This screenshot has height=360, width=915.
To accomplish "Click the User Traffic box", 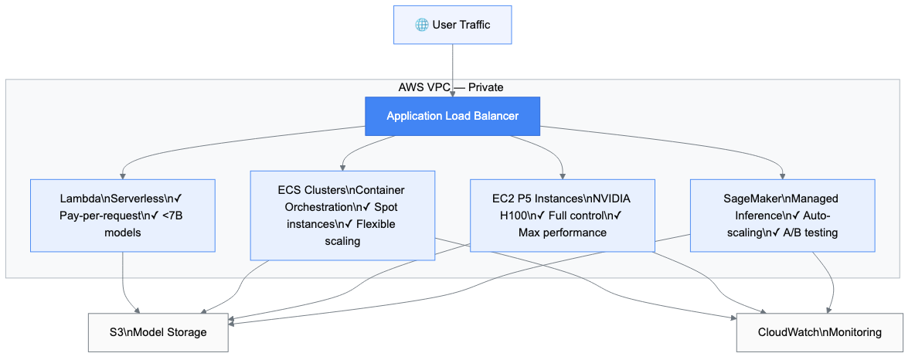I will (x=452, y=25).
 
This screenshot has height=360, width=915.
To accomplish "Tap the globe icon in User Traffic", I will (x=421, y=25).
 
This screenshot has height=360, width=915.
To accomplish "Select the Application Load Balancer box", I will (x=452, y=116).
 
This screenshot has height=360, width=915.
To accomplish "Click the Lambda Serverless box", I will (x=122, y=215).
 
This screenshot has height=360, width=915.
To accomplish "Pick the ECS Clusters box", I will (x=342, y=215).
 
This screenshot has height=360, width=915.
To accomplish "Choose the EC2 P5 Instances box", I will (x=563, y=215).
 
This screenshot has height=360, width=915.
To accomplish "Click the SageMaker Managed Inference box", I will (x=782, y=215).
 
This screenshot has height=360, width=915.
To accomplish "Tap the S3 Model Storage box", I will (x=158, y=332).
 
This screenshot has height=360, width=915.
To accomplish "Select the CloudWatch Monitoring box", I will (x=819, y=332).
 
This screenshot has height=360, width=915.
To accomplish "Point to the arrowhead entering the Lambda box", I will (x=122, y=175).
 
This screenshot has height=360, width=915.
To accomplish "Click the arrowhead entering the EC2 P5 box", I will (x=563, y=175).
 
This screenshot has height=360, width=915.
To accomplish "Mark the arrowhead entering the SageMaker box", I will (x=782, y=175).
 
